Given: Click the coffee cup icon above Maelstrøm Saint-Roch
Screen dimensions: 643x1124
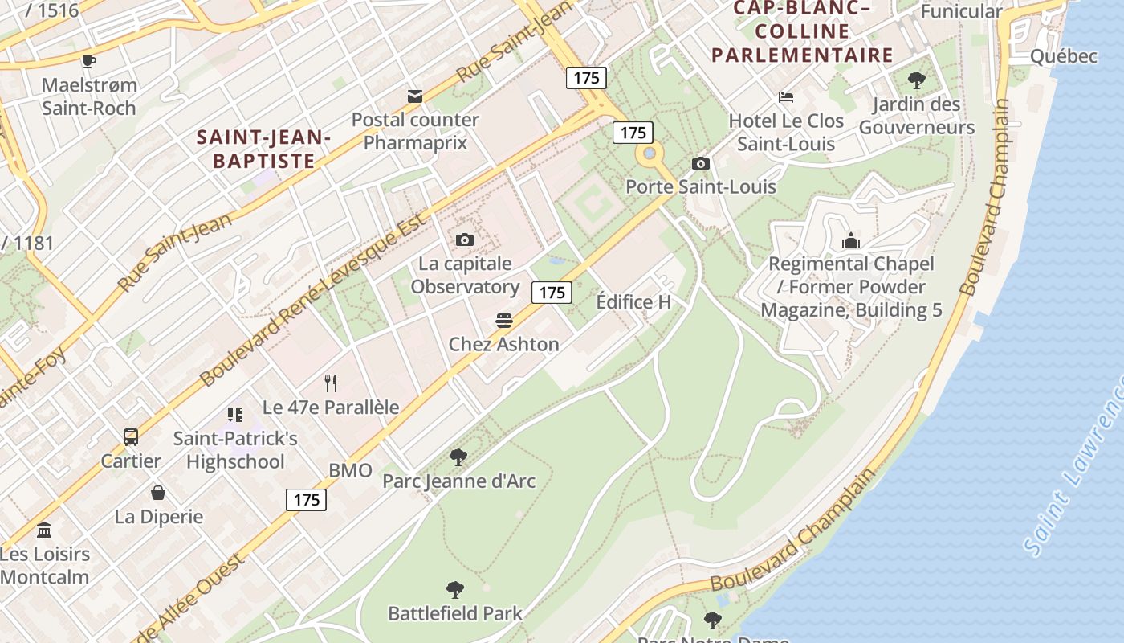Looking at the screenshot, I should coord(89,61).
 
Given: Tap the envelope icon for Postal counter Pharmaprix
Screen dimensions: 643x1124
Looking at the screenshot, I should coord(415,96).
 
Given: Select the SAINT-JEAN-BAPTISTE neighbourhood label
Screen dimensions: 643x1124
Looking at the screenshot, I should coord(264,149).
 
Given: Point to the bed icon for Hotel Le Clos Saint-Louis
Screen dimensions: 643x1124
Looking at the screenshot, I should coord(786,97).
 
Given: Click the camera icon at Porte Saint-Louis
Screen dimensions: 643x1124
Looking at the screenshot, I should coord(701,164).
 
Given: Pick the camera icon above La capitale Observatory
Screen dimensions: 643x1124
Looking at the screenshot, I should coord(464,240).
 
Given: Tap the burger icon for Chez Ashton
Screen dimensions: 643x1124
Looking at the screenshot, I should coord(504,321).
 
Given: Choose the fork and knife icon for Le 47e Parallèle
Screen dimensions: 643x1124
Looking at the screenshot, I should coord(331,383).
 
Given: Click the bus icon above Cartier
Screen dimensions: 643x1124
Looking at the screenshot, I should coord(131,437).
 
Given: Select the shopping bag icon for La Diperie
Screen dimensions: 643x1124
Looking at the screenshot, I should coord(158,492).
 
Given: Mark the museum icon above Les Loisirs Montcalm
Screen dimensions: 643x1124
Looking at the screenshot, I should coord(44,530).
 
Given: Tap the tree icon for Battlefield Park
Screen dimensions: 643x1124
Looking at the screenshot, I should coord(455,590).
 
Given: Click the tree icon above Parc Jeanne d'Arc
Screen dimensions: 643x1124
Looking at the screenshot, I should coord(458,457).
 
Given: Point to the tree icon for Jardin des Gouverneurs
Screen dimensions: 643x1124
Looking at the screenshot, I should coord(916,80).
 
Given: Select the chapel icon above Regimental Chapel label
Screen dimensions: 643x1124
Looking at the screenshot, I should coord(851,240).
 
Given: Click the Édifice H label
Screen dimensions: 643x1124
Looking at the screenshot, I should coord(633,302).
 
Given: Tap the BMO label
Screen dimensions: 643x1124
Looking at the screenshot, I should coord(351,471).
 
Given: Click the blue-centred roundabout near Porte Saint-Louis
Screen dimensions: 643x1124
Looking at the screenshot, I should coord(650,154).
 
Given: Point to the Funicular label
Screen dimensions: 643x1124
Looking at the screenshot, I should coord(961,11).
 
